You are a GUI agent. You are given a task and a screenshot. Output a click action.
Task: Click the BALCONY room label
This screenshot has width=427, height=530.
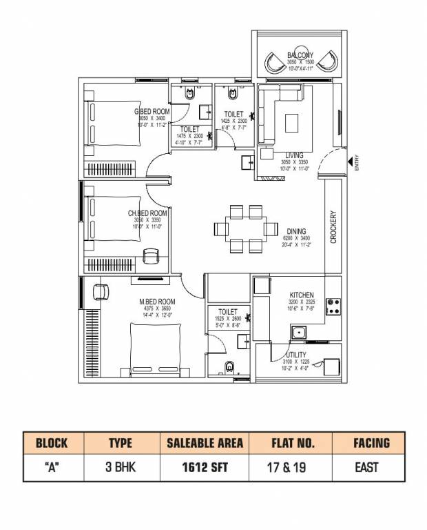pyautogui.click(x=300, y=55)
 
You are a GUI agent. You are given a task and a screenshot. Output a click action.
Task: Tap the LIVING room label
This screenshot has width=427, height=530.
pyautogui.click(x=294, y=155)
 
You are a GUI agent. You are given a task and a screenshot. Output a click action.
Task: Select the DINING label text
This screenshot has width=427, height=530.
pyautogui.click(x=296, y=232)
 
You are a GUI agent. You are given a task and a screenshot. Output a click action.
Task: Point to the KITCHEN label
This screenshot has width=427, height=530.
pyautogui.click(x=302, y=295)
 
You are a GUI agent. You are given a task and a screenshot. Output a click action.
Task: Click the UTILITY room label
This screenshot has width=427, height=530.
pyautogui.click(x=298, y=355)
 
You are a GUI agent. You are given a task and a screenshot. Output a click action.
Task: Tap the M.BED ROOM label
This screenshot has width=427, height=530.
pyautogui.click(x=157, y=302)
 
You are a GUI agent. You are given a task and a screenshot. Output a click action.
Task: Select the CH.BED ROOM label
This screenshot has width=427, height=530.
pyautogui.click(x=147, y=213)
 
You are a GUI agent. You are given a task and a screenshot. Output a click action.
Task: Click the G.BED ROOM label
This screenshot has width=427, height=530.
pyautogui.click(x=152, y=112)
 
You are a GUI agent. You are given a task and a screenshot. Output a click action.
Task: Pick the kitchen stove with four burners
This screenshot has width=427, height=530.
pyautogui.click(x=333, y=306)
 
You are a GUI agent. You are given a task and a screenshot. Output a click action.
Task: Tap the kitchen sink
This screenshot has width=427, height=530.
pyautogui.click(x=298, y=333)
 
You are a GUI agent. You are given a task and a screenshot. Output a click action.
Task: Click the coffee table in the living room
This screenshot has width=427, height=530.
pyautogui.click(x=292, y=122)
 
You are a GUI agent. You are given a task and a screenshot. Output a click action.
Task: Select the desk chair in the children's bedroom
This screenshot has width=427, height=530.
pyautogui.click(x=150, y=257)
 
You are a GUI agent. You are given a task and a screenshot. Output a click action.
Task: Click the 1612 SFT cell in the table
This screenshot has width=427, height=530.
pyautogui.click(x=205, y=467)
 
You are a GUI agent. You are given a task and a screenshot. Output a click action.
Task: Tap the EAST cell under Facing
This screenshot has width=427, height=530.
pyautogui.click(x=366, y=467)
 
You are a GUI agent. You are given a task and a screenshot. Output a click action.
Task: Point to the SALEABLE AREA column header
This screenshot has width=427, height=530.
pyautogui.click(x=205, y=443)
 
